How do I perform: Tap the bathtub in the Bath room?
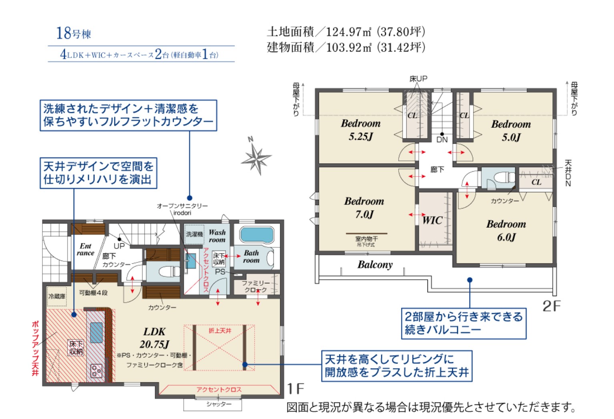[x=257, y=235]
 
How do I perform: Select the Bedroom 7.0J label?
[x=364, y=208]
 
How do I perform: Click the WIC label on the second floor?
[x=432, y=220]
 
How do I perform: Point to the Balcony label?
[x=375, y=265]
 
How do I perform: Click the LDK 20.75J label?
[x=155, y=338]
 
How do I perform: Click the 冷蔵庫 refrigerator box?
[x=57, y=296]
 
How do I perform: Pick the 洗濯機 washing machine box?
[x=195, y=234]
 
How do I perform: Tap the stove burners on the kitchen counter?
[x=96, y=371]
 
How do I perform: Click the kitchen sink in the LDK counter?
[x=96, y=333]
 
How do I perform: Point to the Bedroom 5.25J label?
[x=361, y=130]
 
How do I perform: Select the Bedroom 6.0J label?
[x=506, y=231]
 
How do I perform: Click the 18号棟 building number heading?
[x=74, y=34]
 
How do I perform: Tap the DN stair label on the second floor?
[x=442, y=140]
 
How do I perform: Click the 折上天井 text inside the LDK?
[x=220, y=331]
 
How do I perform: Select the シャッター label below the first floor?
[x=219, y=404]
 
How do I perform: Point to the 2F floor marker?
[x=551, y=306]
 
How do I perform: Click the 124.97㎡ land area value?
[x=348, y=32]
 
